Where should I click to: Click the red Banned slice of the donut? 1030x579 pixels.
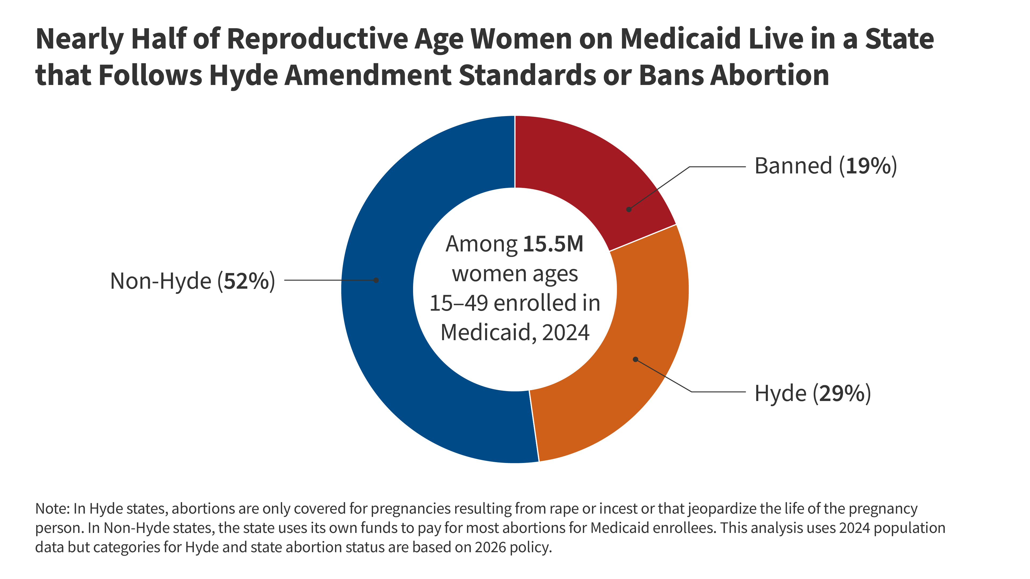click(580, 168)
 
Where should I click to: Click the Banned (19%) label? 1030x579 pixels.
click(825, 166)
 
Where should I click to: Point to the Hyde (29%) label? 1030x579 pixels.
click(812, 393)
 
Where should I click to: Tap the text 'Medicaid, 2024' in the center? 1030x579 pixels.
click(515, 332)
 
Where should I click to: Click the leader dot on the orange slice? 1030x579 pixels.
click(635, 359)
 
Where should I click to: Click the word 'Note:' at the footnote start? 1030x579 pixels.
click(52, 509)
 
